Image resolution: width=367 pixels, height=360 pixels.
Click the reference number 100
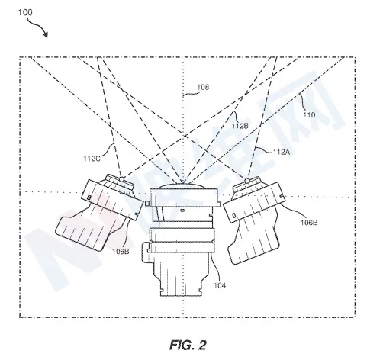25,12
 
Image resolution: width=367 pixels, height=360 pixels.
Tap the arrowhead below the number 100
45,34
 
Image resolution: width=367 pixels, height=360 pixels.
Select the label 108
203,87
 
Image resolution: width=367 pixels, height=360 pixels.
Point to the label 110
309,115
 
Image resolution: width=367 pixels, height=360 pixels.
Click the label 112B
240,125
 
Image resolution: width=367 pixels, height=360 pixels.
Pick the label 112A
282,152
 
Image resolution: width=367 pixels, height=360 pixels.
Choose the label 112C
92,159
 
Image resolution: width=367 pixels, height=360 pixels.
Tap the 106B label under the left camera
121,252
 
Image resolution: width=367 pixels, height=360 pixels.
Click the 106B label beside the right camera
309,223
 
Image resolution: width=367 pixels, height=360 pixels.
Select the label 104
220,285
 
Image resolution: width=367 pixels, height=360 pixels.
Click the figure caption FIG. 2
188,345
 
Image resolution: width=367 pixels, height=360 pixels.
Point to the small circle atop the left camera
121,179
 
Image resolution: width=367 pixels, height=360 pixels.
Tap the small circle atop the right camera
247,181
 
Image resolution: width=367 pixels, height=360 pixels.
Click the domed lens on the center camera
182,186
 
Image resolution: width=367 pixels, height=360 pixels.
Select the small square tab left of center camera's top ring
147,204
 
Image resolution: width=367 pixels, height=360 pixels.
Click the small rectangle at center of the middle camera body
182,211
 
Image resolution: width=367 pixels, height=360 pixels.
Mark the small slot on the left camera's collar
89,198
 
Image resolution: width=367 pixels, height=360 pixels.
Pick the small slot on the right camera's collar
233,215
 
